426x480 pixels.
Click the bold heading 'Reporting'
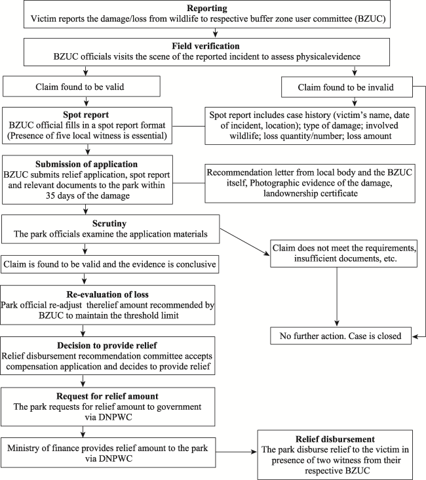pyautogui.click(x=207, y=9)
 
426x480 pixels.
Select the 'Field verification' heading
pyautogui.click(x=206, y=46)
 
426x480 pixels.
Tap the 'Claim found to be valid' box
pyautogui.click(x=81, y=87)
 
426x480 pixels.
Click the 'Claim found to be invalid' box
pyautogui.click(x=347, y=88)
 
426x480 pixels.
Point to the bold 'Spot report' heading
pyautogui.click(x=86, y=115)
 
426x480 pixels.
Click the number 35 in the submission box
pyautogui.click(x=51, y=195)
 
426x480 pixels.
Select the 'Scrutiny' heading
pyautogui.click(x=109, y=224)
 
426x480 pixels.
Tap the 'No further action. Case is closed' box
pyautogui.click(x=341, y=336)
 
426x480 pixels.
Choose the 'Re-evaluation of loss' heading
pyautogui.click(x=107, y=294)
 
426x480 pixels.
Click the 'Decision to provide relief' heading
pyautogui.click(x=107, y=346)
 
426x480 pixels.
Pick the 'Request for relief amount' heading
pyautogui.click(x=107, y=397)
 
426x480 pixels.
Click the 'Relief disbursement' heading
pyautogui.click(x=335, y=439)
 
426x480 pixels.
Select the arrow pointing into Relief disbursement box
pyautogui.click(x=236, y=452)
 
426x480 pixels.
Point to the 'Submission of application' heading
pyautogui.click(x=87, y=165)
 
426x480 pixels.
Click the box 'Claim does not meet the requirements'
pyautogui.click(x=343, y=254)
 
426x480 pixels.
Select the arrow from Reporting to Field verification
pyautogui.click(x=215, y=33)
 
